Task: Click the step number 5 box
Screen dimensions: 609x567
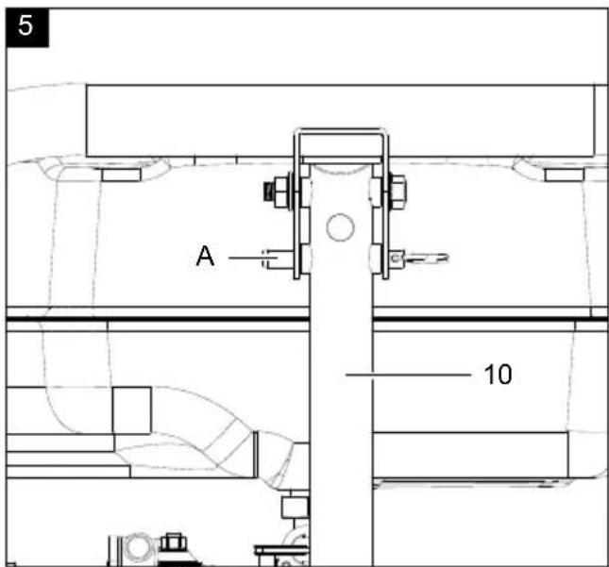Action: pyautogui.click(x=27, y=28)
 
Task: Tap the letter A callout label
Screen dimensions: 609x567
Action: pyautogui.click(x=205, y=256)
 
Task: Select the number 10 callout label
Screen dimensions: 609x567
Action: pyautogui.click(x=498, y=375)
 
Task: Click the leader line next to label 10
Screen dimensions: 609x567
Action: pyautogui.click(x=408, y=375)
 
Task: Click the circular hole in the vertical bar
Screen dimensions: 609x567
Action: pyautogui.click(x=340, y=227)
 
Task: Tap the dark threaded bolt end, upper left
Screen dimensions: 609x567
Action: pyautogui.click(x=268, y=192)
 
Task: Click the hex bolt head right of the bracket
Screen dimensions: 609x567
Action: pyautogui.click(x=398, y=192)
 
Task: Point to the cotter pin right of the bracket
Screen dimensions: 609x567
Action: pyautogui.click(x=420, y=258)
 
